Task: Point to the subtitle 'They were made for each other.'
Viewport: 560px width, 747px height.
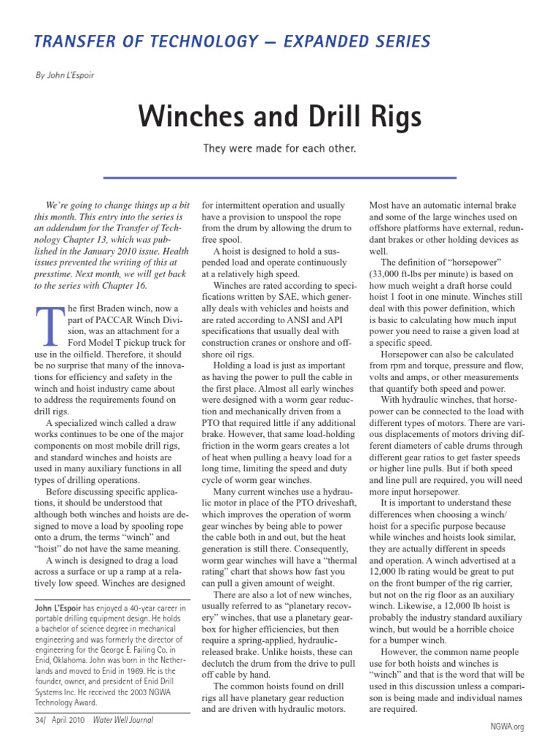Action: pyautogui.click(x=280, y=149)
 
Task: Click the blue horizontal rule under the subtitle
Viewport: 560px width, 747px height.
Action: pyautogui.click(x=280, y=177)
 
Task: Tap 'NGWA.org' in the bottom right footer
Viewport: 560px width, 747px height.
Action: pyautogui.click(x=507, y=727)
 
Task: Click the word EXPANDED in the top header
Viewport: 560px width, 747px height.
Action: pyautogui.click(x=330, y=42)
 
